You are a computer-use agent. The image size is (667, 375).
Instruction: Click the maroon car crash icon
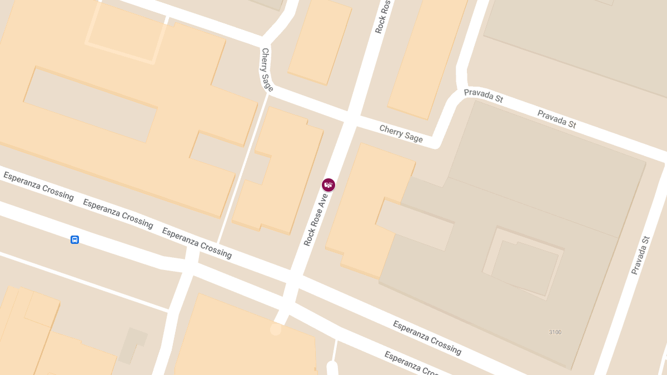[328, 185]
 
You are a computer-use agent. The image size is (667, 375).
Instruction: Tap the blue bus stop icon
[74, 239]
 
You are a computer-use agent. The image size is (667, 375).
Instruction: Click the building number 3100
[555, 332]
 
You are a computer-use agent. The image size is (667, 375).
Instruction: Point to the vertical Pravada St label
[640, 256]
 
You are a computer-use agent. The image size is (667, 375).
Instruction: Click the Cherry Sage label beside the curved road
[267, 69]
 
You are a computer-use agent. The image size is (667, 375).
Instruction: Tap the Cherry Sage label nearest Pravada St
[401, 133]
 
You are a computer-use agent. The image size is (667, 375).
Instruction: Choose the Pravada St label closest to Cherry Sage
[483, 96]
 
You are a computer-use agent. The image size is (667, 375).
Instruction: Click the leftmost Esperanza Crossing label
[38, 186]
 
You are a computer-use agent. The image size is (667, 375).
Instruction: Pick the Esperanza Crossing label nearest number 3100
[427, 337]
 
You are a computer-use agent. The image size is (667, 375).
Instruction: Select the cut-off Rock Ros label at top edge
[383, 17]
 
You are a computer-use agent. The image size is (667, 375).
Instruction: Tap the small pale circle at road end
[276, 329]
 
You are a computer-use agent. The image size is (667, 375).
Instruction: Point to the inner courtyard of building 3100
[525, 267]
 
